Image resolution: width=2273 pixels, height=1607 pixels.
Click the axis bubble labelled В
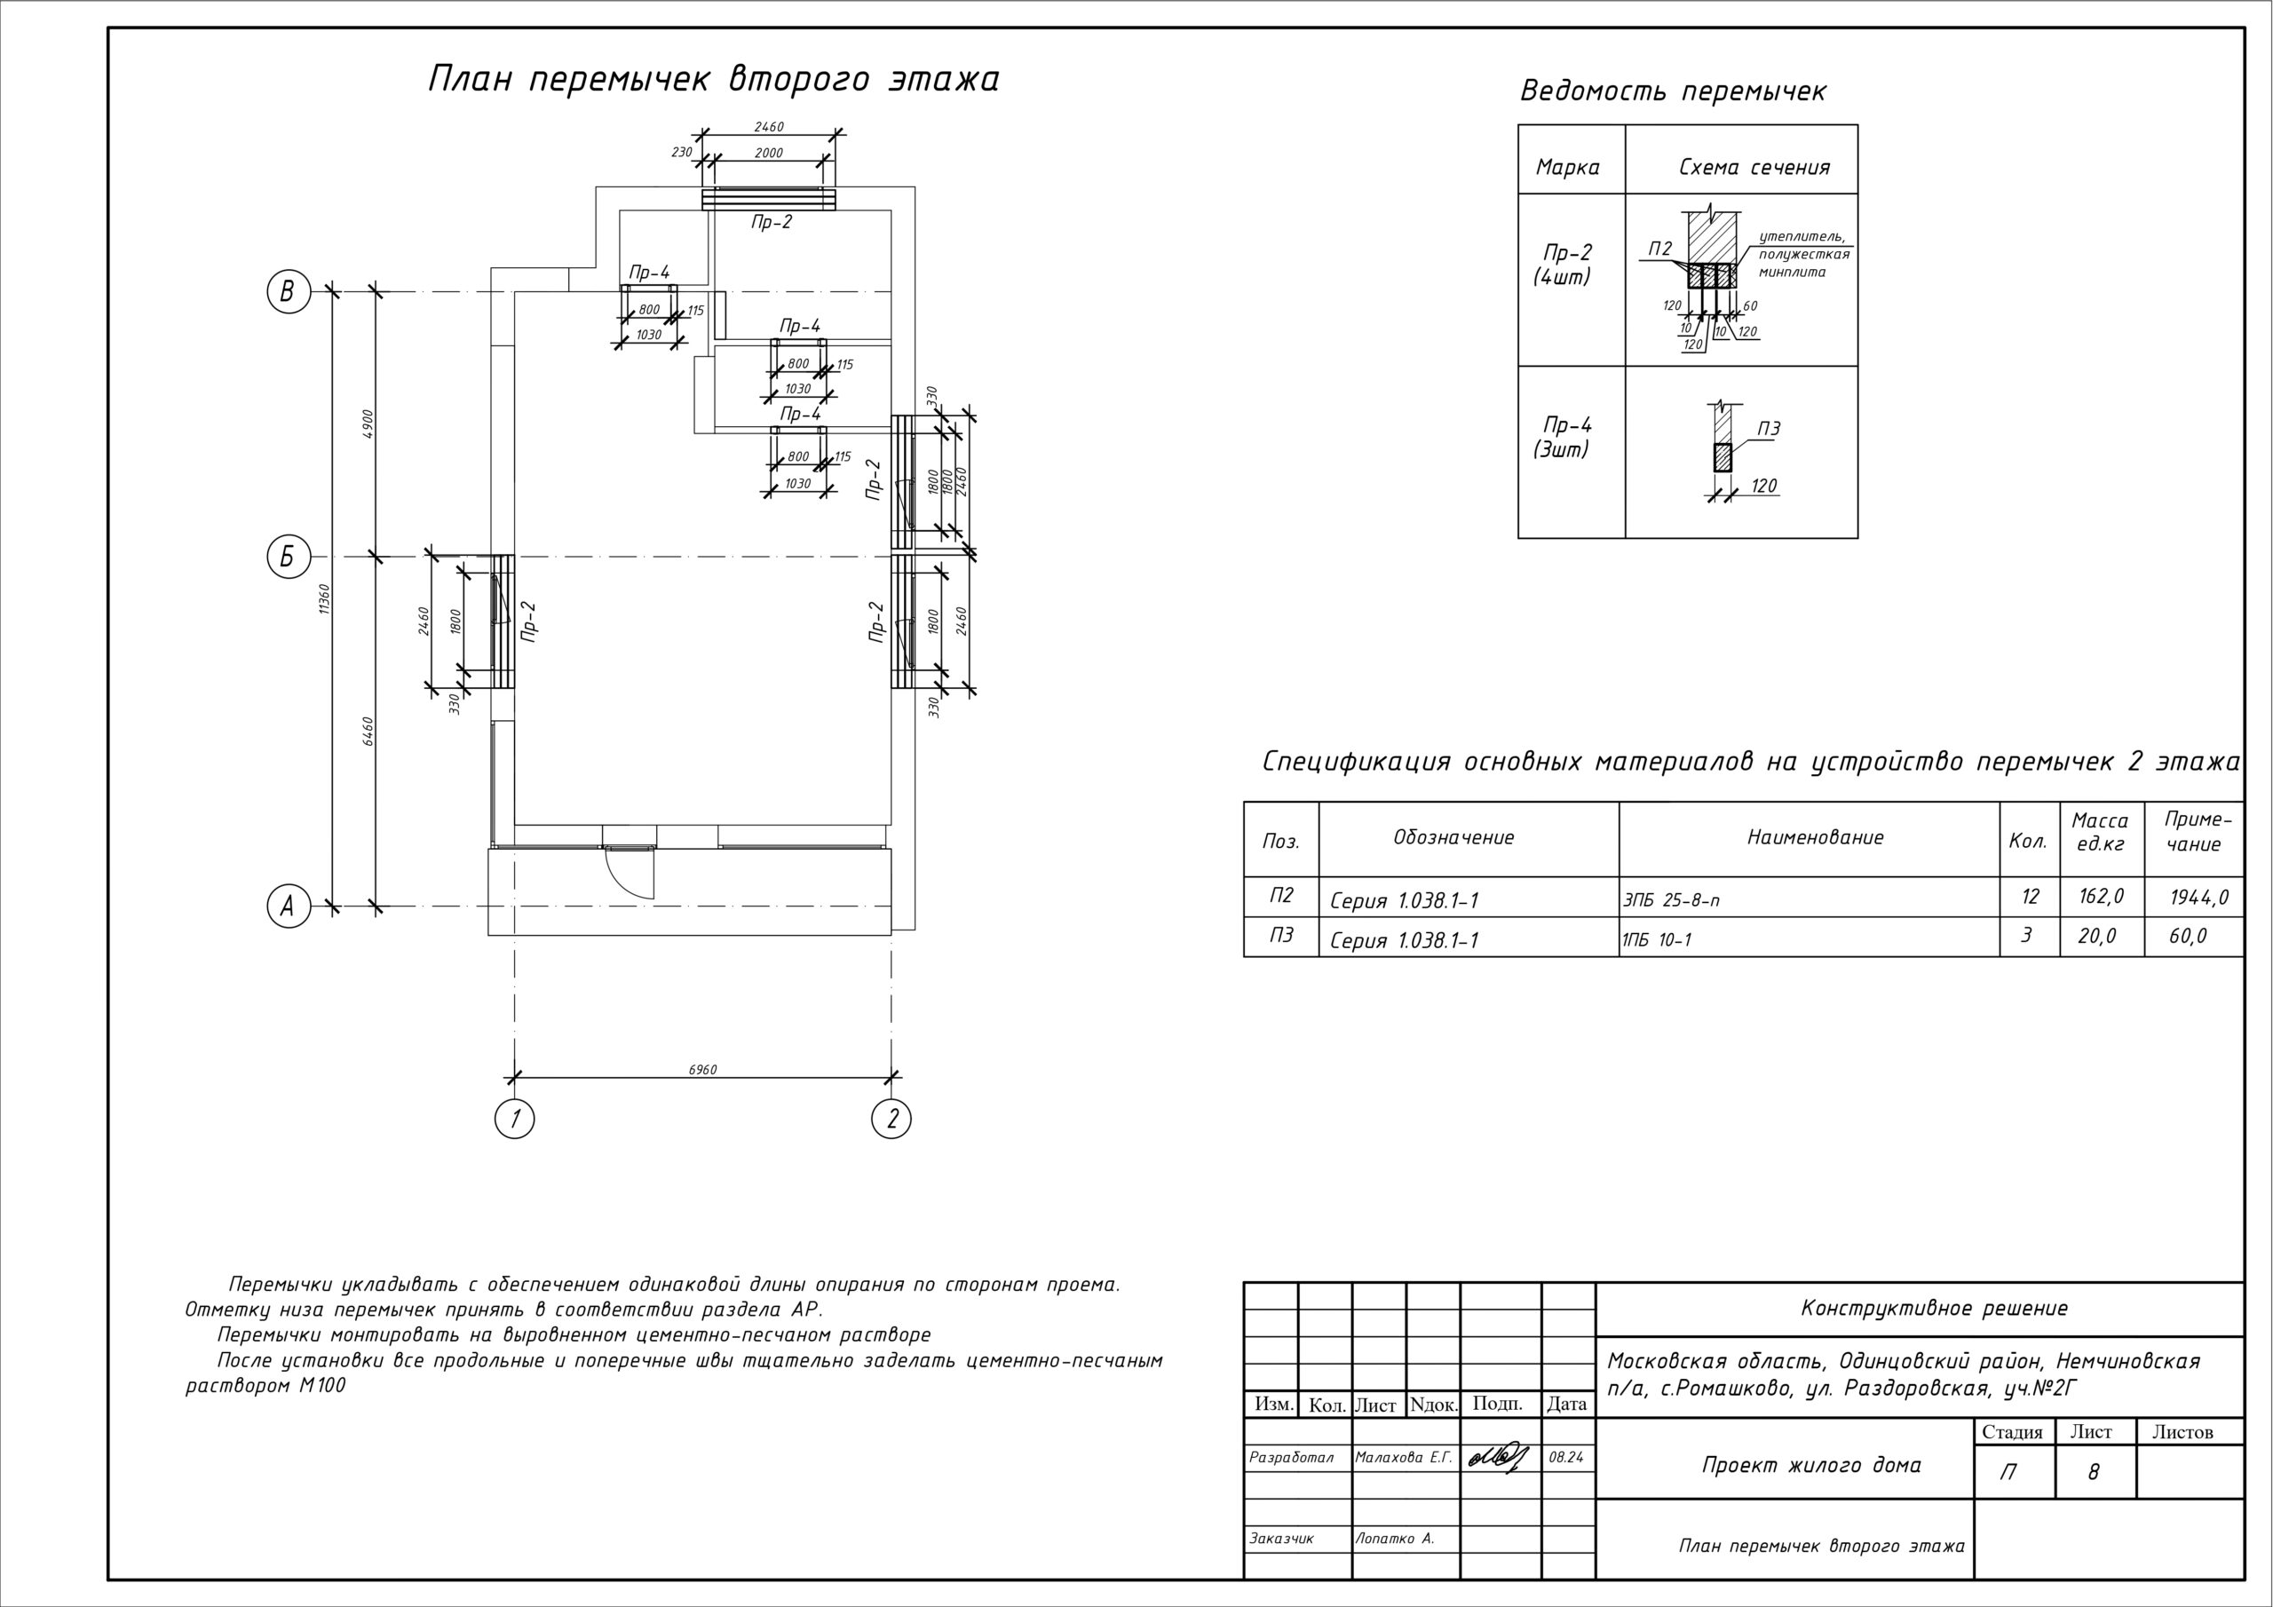pos(288,292)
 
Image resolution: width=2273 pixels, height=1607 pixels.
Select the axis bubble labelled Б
pos(288,557)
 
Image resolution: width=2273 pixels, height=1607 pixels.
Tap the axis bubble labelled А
pos(288,906)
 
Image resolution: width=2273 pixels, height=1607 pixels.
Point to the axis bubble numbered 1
pos(514,1119)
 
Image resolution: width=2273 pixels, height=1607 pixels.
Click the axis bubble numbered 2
pos(892,1119)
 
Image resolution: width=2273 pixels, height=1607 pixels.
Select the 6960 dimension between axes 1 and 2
pos(702,1069)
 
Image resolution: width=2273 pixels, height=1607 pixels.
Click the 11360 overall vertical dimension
pos(324,598)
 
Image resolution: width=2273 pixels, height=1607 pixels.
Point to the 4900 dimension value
pos(368,424)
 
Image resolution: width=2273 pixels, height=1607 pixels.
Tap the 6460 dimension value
pos(368,731)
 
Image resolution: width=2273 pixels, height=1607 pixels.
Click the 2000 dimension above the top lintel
pos(768,154)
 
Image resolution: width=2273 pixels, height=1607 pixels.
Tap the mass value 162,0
pos(2101,897)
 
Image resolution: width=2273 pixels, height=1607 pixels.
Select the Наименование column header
pos(1815,837)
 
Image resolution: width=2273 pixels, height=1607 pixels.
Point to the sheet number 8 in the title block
pos(2093,1472)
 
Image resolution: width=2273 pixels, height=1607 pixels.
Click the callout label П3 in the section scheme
pos(1769,429)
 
